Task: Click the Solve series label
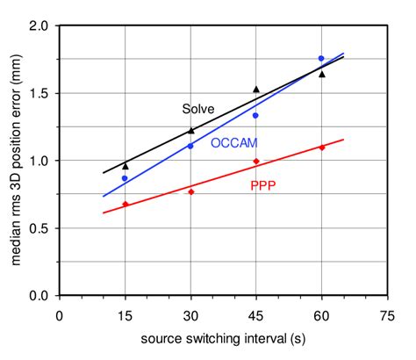pyautogui.click(x=198, y=109)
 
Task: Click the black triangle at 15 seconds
pyautogui.click(x=126, y=165)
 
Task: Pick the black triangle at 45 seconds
pyautogui.click(x=256, y=89)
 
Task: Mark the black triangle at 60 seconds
pyautogui.click(x=321, y=74)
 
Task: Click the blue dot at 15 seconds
pyautogui.click(x=126, y=178)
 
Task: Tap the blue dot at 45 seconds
pyautogui.click(x=256, y=115)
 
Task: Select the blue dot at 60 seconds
pyautogui.click(x=321, y=58)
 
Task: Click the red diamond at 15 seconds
pyautogui.click(x=126, y=204)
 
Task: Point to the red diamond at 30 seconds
pyautogui.click(x=191, y=191)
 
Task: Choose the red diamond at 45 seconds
pyautogui.click(x=256, y=162)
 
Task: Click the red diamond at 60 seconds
pyautogui.click(x=321, y=148)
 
